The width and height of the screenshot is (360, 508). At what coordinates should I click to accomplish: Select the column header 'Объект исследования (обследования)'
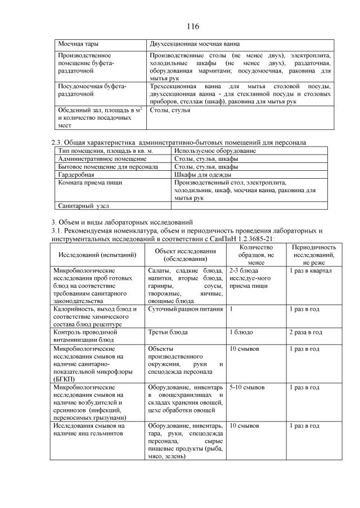(x=185, y=255)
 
